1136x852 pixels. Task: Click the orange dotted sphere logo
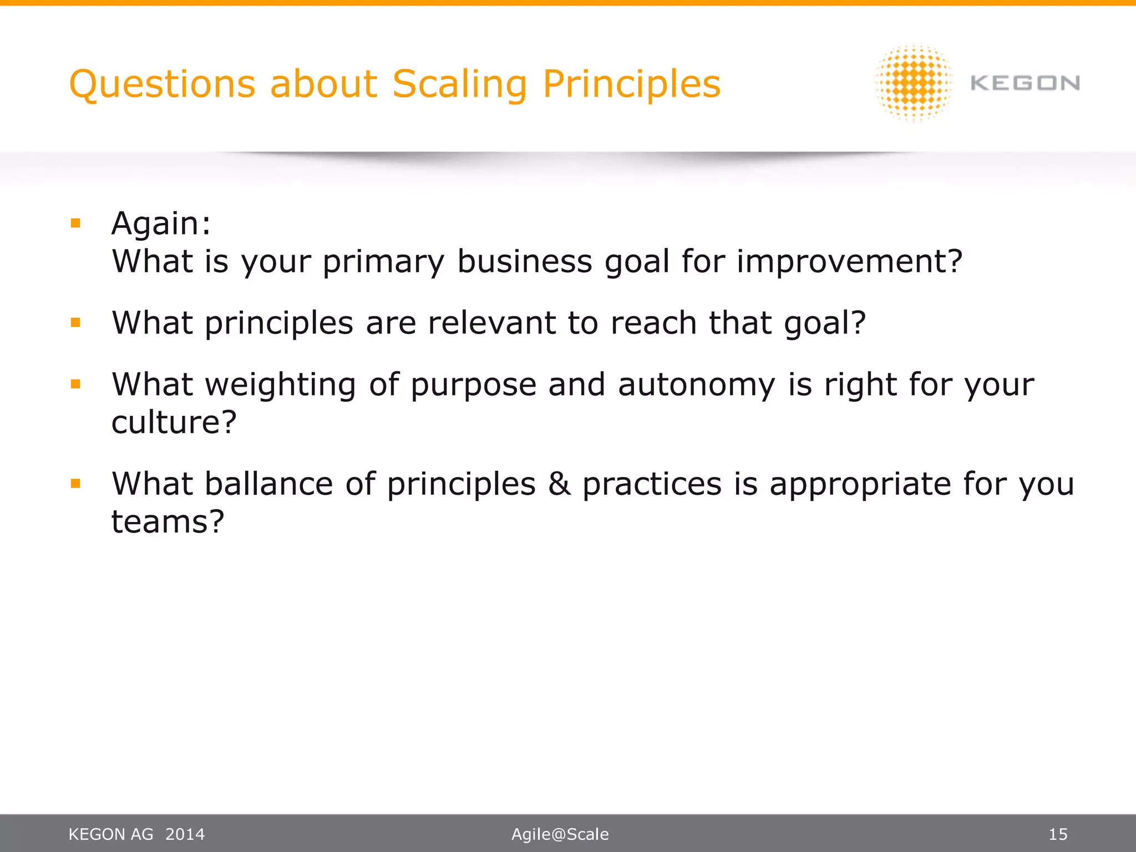(914, 83)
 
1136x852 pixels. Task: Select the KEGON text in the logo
(1025, 83)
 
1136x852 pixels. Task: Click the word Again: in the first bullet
(161, 224)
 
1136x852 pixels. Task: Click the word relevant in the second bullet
(491, 323)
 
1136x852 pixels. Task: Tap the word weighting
(281, 385)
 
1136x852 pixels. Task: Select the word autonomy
(696, 385)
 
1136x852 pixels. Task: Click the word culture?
(174, 423)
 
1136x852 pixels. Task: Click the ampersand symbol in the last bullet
(559, 484)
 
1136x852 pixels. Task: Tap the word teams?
(168, 522)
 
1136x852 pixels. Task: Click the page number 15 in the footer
(1058, 834)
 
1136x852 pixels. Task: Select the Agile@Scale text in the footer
(560, 834)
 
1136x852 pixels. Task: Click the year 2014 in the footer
(185, 834)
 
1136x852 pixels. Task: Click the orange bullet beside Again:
(76, 224)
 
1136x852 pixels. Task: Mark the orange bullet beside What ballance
(76, 484)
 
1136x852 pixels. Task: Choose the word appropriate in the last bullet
(860, 484)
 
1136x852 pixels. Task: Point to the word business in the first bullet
(524, 261)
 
